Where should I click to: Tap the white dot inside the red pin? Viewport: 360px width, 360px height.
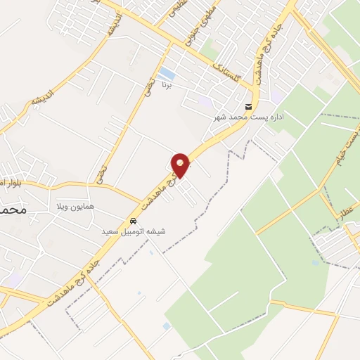(181, 162)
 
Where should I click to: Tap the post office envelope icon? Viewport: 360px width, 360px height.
(247, 107)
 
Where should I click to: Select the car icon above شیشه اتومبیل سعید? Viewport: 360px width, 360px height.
(134, 221)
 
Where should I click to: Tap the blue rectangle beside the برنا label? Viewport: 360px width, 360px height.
(167, 72)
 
